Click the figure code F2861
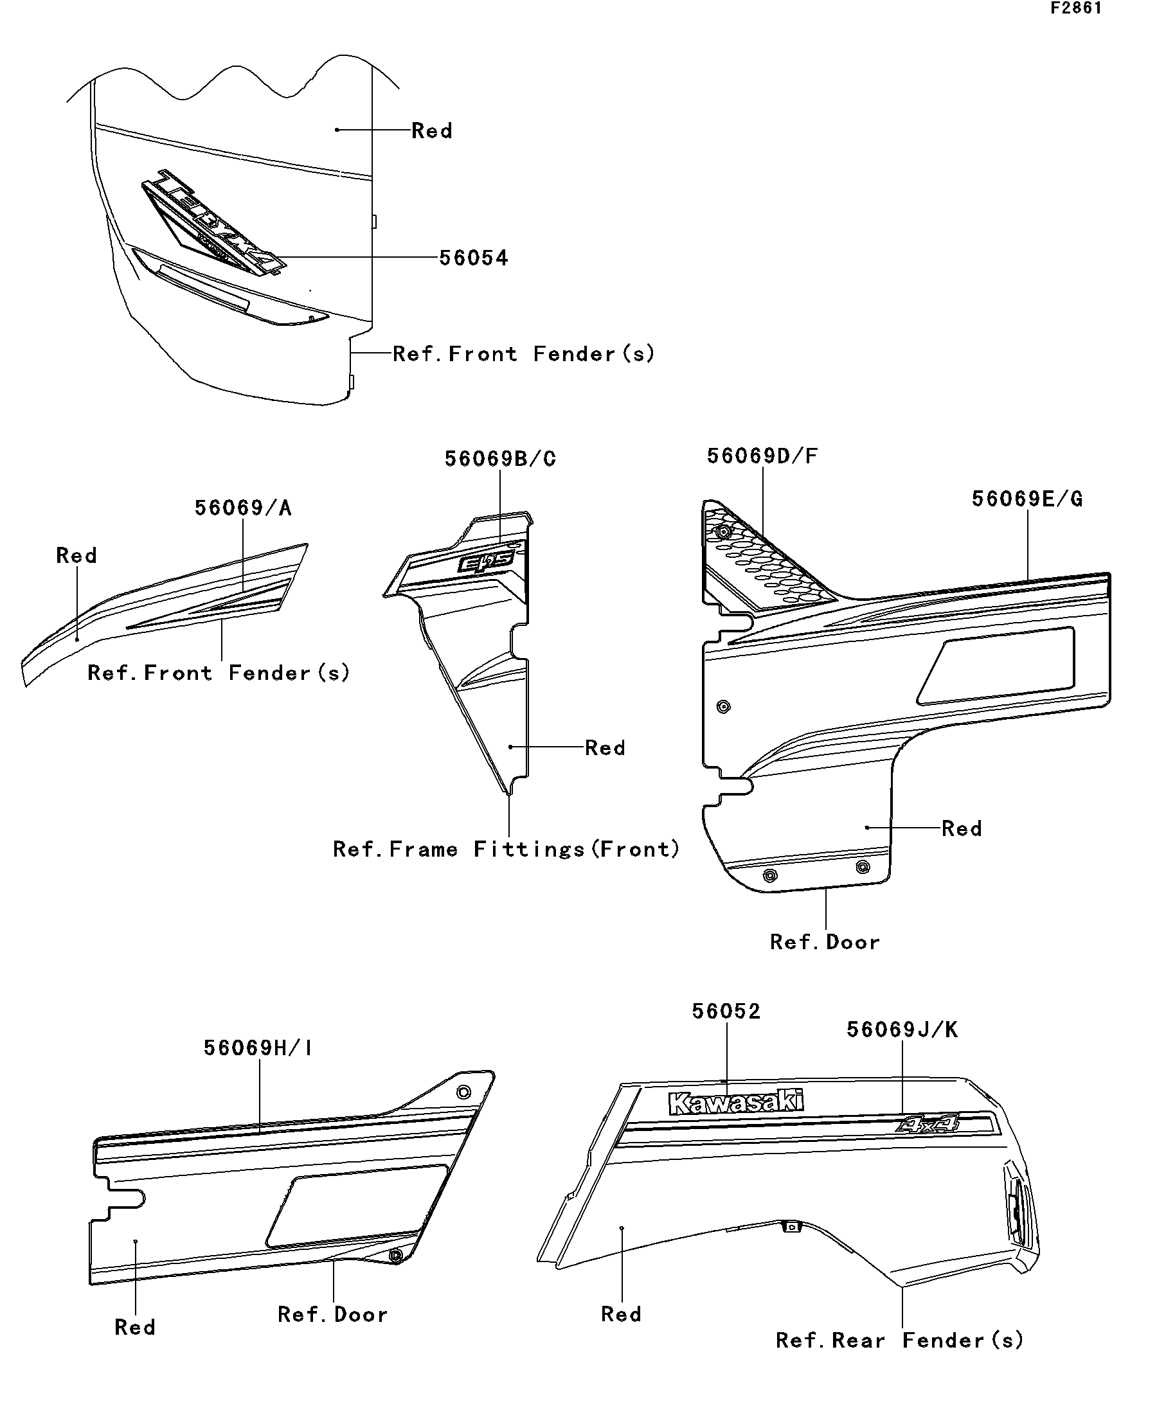1076,9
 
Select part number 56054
473,258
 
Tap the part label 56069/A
243,508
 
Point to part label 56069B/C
500,459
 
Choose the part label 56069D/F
762,456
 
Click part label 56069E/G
1027,499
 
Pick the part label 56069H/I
258,1048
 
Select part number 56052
726,1012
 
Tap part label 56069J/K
902,1029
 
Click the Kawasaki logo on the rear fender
735,1103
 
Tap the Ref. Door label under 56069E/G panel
825,942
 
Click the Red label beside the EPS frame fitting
605,747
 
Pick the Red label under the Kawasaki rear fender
621,1314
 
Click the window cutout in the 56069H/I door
357,1205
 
